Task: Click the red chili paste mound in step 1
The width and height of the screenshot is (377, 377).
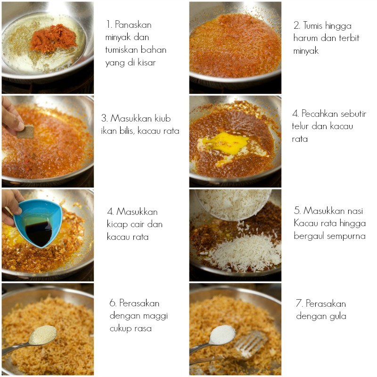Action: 53,39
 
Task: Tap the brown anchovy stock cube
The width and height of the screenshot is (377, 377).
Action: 25,131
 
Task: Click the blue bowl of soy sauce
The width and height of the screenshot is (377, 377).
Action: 38,223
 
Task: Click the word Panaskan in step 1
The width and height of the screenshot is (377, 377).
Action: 133,25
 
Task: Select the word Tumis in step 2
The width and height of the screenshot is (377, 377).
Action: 312,25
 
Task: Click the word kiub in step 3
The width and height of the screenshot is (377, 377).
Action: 163,118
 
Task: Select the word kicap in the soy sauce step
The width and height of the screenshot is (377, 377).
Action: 117,225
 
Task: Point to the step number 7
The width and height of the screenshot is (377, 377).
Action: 299,303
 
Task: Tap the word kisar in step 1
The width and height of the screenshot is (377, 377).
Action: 147,63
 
